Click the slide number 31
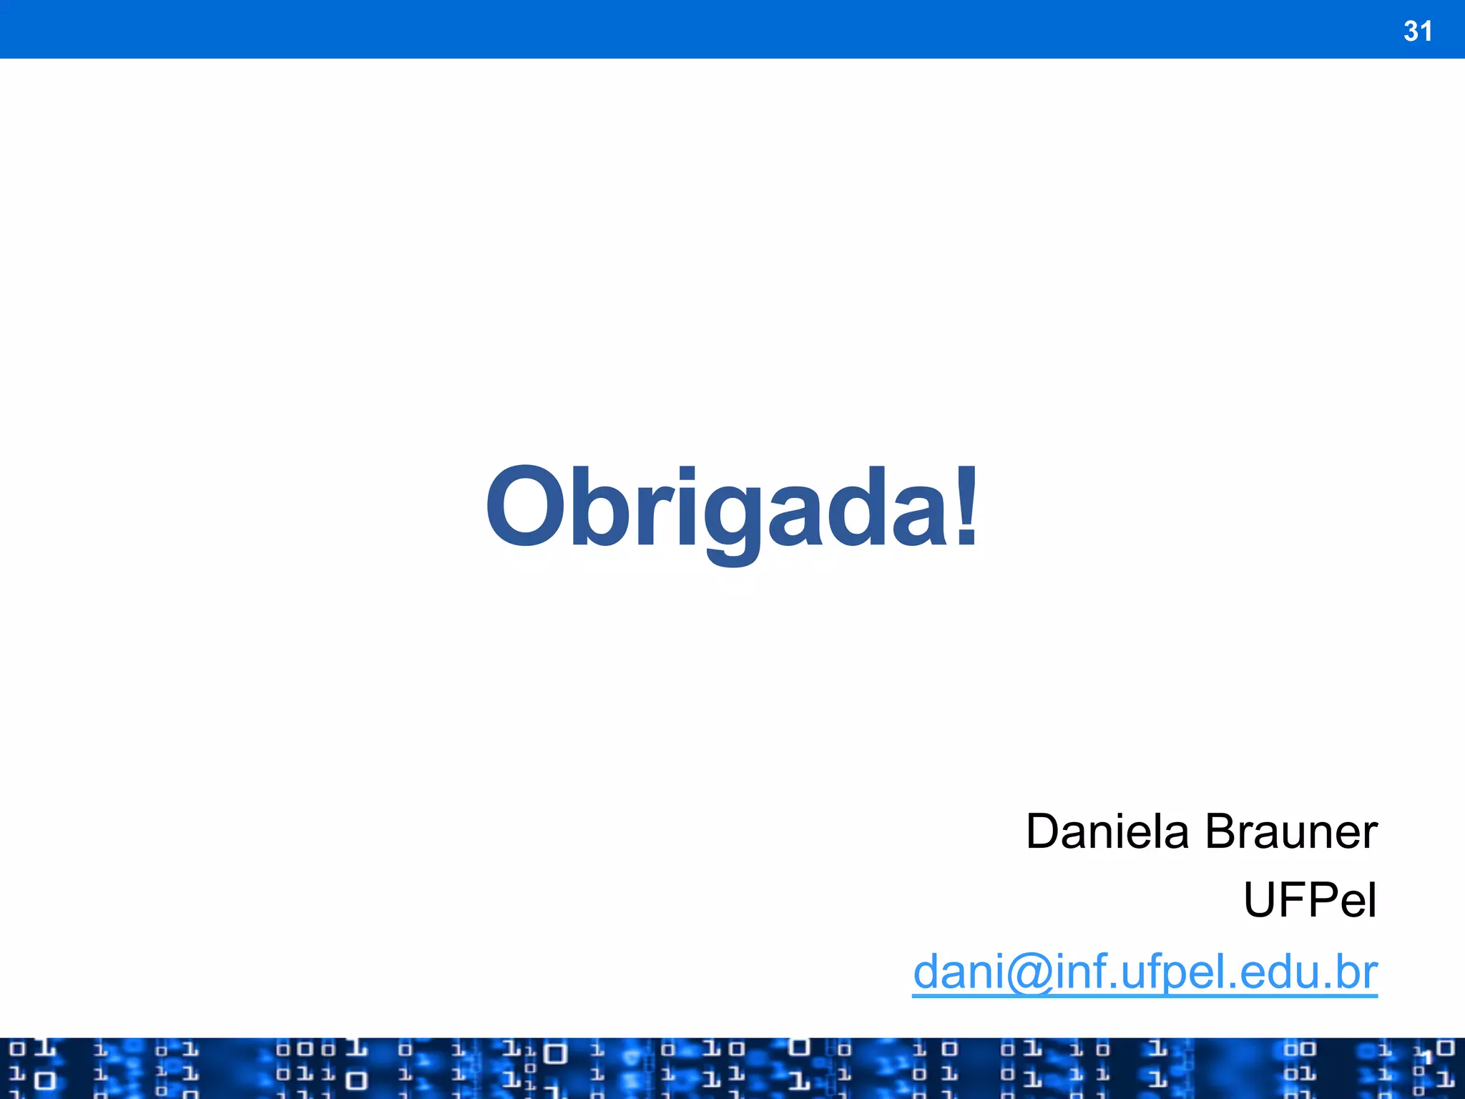[1417, 31]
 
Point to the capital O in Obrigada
[524, 506]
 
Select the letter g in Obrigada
[731, 519]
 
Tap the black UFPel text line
[1310, 900]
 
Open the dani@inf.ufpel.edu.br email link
[1145, 972]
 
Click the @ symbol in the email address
[1029, 973]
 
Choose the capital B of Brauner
[1223, 832]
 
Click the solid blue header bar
[715, 29]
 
